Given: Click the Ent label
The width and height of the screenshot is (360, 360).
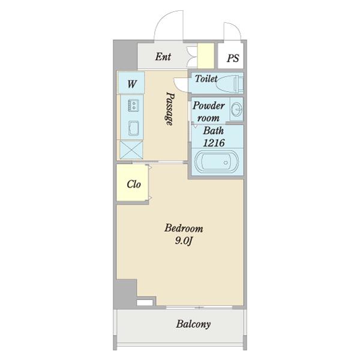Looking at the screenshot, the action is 163,56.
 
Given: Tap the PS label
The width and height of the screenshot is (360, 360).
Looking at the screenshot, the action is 233,58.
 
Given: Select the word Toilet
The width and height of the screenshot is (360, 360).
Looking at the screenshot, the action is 206,79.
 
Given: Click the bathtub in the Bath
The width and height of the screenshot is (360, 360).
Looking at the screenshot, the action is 217,161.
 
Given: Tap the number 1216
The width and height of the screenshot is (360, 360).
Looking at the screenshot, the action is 214,143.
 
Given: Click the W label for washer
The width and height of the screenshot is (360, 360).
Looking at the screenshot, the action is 132,84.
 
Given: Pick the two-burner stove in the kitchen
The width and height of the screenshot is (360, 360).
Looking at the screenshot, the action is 133,105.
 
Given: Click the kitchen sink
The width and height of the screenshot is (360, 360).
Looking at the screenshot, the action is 134,128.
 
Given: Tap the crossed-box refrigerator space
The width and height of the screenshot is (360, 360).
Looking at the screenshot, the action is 131,149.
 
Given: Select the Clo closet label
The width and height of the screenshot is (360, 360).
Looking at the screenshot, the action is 134,184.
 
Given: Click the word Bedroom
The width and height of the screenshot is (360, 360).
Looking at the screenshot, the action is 184,229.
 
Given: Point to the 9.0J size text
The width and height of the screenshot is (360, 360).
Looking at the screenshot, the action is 183,241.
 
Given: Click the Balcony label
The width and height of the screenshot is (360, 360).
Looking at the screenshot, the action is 193,324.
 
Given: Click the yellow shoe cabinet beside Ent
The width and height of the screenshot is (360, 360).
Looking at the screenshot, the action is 206,56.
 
